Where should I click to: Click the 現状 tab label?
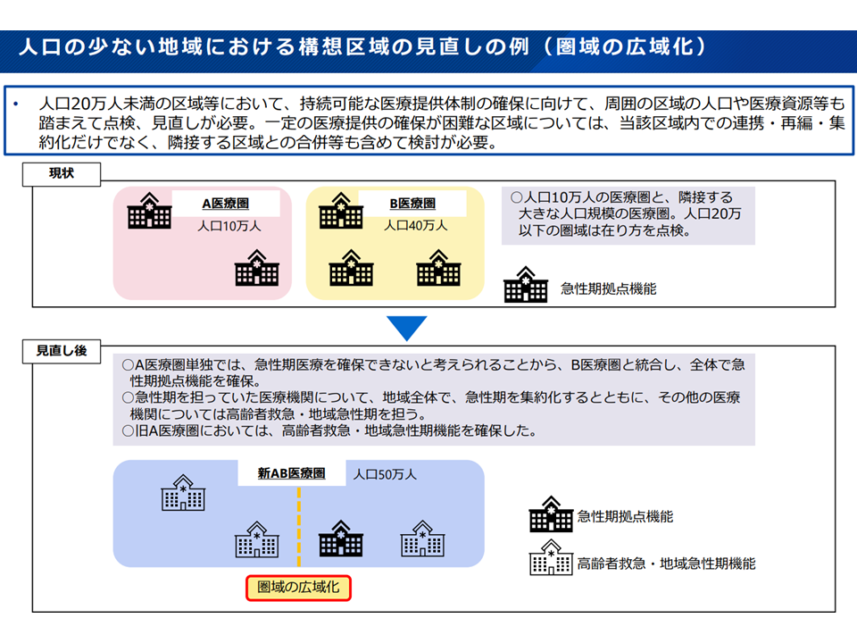click(62, 174)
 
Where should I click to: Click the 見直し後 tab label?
click(62, 351)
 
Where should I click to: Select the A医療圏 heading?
click(225, 204)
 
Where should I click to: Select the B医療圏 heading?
click(412, 204)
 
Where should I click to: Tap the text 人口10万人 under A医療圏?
click(229, 226)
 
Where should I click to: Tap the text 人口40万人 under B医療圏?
click(415, 225)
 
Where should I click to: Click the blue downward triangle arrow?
click(407, 328)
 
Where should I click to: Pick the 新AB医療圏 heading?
click(291, 473)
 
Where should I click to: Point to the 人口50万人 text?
click(385, 474)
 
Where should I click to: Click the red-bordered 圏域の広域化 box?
click(298, 588)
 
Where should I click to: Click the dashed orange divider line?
click(298, 527)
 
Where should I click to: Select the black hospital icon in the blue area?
click(340, 539)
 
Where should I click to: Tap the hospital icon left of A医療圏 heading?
click(149, 211)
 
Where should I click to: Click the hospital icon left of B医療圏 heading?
click(341, 211)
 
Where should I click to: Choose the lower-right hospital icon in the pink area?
click(257, 268)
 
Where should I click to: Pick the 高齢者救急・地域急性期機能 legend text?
click(666, 564)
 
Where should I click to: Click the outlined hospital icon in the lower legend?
click(551, 557)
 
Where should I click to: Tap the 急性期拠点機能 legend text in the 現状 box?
click(608, 288)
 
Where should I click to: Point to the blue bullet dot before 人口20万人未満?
click(15, 104)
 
